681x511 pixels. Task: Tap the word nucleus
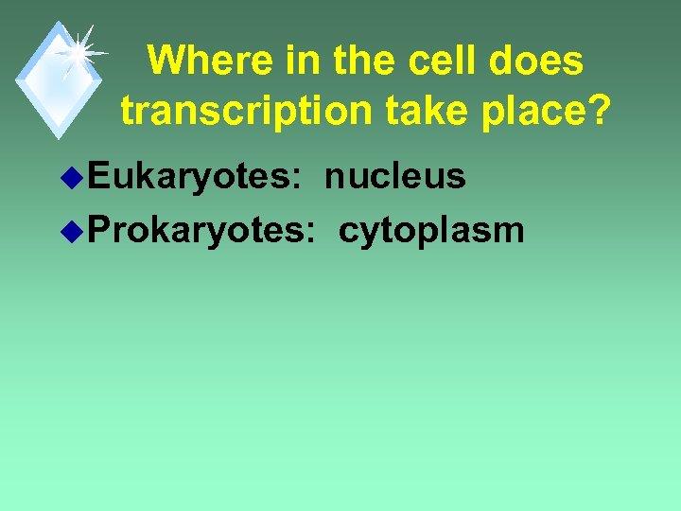tap(395, 176)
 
